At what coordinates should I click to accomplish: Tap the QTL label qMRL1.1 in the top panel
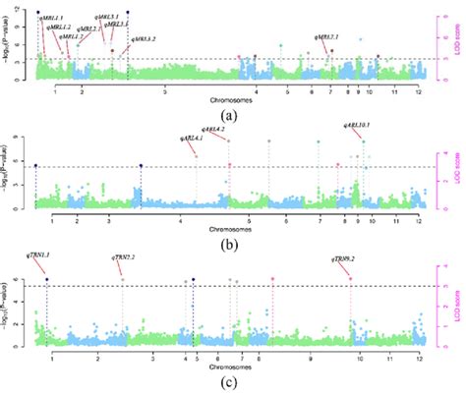tap(51, 18)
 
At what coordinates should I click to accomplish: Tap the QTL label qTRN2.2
tap(126, 256)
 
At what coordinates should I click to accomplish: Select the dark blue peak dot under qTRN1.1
tap(47, 281)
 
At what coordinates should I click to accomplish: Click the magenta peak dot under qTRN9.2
tap(350, 279)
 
